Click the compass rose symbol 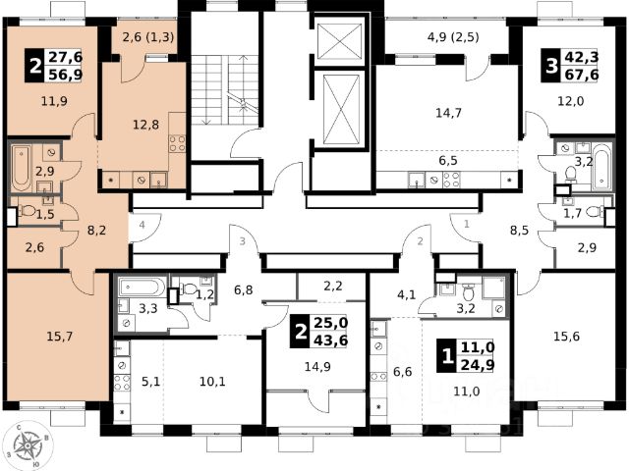tap(28, 445)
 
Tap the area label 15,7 tap(60, 337)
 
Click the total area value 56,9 tap(66, 75)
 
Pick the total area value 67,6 tap(582, 75)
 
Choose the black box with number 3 tap(551, 66)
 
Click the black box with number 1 tap(447, 355)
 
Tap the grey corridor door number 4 tap(142, 225)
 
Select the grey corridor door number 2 tap(420, 241)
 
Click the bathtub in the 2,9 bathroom tap(22, 168)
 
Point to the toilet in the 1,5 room tap(27, 210)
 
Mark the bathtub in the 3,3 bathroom tap(142, 288)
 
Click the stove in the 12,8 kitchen tap(177, 144)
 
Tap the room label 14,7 tap(448, 113)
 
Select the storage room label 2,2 tap(333, 286)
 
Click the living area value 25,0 tap(330, 323)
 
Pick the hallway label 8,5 tap(519, 231)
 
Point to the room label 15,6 tap(566, 337)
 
